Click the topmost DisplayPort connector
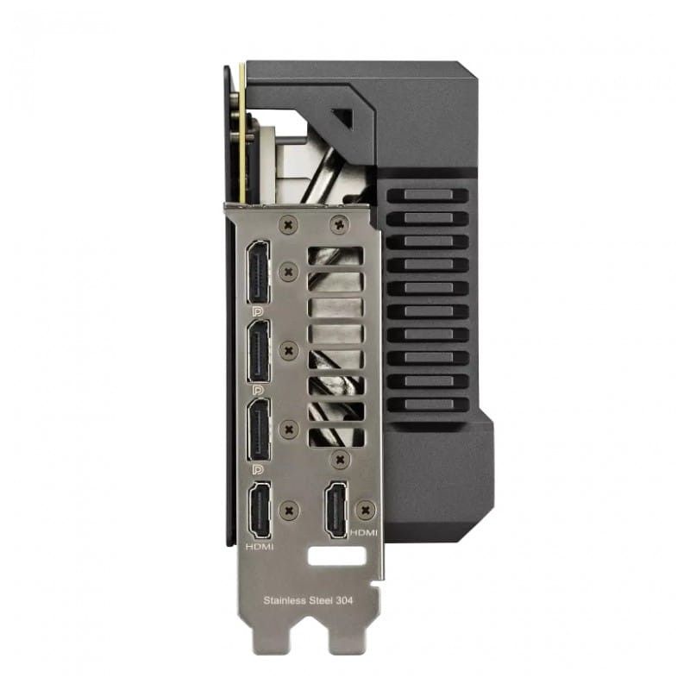pos(258,272)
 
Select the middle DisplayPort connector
pos(258,351)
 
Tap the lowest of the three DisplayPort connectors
pos(258,430)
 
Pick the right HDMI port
pos(337,510)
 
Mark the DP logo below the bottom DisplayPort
pos(255,469)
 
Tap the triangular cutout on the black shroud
pos(342,119)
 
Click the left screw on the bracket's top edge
pos(286,223)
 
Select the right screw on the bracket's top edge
pos(338,223)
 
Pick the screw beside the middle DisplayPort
pos(290,351)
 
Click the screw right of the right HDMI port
pos(367,510)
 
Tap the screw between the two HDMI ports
pos(290,510)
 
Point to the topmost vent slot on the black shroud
pos(427,195)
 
